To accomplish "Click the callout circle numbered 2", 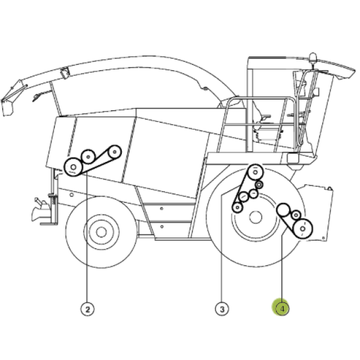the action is click(x=88, y=309).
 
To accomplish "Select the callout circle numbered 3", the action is click(x=222, y=309).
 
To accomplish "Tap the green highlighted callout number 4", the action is click(x=282, y=308).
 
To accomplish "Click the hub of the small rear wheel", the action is click(x=101, y=232).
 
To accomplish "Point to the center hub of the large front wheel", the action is click(x=256, y=217).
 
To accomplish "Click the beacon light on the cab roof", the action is click(x=313, y=58).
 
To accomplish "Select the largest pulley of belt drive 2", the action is click(x=73, y=167).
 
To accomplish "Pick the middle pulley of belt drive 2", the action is click(x=88, y=157).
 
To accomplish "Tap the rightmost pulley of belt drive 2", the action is click(x=115, y=152).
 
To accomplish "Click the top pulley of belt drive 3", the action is click(x=255, y=172).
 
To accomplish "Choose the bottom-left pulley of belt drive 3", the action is click(x=238, y=208).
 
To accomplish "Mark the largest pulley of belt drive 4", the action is click(x=302, y=229).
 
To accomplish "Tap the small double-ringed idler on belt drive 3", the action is click(x=259, y=185).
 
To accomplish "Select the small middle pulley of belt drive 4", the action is click(x=296, y=215).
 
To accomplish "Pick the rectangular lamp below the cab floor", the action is click(x=293, y=158).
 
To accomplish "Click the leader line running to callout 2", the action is click(x=87, y=238).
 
